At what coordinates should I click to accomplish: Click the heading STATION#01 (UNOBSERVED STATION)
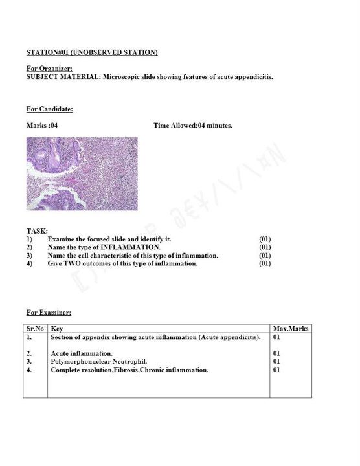tap(92, 52)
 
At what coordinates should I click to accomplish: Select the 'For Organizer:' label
tap(49, 68)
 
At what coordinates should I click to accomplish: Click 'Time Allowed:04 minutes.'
tap(193, 125)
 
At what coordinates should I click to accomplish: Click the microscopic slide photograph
tap(82, 173)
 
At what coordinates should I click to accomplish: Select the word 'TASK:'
tap(37, 231)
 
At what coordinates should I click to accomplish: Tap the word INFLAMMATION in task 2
tap(130, 247)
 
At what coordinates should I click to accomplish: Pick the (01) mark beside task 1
tap(265, 239)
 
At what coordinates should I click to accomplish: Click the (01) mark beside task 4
tap(265, 263)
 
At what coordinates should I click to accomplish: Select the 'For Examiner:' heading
tap(49, 313)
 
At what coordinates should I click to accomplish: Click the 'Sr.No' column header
tap(35, 329)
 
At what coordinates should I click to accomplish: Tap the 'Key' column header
tap(56, 329)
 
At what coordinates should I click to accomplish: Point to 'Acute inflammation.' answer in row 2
tap(82, 353)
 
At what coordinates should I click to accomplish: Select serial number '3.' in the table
tap(29, 361)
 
